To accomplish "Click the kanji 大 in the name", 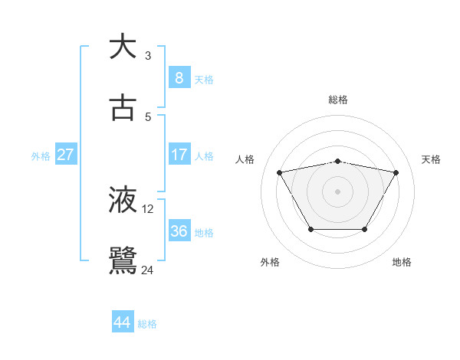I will pyautogui.click(x=123, y=47).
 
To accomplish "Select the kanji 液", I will pyautogui.click(x=123, y=200).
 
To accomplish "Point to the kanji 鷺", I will pyautogui.click(x=123, y=260).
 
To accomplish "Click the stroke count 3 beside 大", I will pyautogui.click(x=148, y=56).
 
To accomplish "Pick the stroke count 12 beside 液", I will pyautogui.click(x=148, y=209).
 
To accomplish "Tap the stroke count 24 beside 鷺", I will pyautogui.click(x=148, y=270).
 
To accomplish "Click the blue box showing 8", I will pyautogui.click(x=179, y=77).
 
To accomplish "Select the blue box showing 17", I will pyautogui.click(x=179, y=155).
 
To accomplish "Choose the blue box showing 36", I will pyautogui.click(x=179, y=231).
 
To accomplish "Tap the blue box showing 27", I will pyautogui.click(x=66, y=155).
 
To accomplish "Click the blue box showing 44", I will pyautogui.click(x=123, y=322).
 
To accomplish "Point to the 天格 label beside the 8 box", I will pyautogui.click(x=204, y=79).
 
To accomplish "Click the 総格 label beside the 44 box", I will pyautogui.click(x=147, y=324).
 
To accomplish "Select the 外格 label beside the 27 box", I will pyautogui.click(x=41, y=156).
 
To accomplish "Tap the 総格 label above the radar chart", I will pyautogui.click(x=338, y=100).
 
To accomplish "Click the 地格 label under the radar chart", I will pyautogui.click(x=402, y=262).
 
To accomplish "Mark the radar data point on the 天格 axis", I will pyautogui.click(x=396, y=172).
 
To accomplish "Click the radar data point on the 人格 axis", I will pyautogui.click(x=279, y=172).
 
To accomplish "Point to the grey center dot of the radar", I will pyautogui.click(x=337, y=191).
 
